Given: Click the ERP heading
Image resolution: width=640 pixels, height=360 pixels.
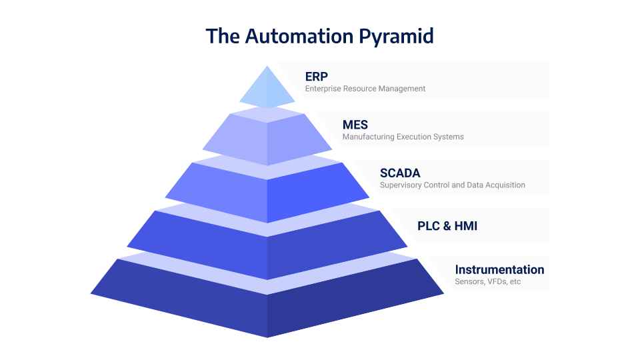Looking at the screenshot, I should click(x=317, y=76).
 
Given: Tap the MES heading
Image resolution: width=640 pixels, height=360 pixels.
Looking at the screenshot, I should click(x=355, y=125).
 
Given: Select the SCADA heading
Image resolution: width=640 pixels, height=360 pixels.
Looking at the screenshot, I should click(x=400, y=173).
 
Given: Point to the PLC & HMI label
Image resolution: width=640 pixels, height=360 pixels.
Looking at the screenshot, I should click(x=447, y=226).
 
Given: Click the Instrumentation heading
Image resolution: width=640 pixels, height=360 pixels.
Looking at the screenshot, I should click(x=499, y=269).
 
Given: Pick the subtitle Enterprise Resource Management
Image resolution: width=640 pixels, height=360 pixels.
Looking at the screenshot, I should click(x=365, y=89).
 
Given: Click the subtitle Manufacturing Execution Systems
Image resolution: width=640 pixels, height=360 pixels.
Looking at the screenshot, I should click(x=403, y=137).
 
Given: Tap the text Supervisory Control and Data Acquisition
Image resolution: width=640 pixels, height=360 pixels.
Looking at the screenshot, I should click(x=453, y=185).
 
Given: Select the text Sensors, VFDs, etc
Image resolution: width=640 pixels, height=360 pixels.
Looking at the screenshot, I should click(x=487, y=282).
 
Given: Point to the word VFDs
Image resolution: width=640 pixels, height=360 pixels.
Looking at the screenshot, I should click(x=494, y=282).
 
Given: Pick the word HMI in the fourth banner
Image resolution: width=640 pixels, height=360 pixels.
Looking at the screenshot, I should click(x=465, y=226).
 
